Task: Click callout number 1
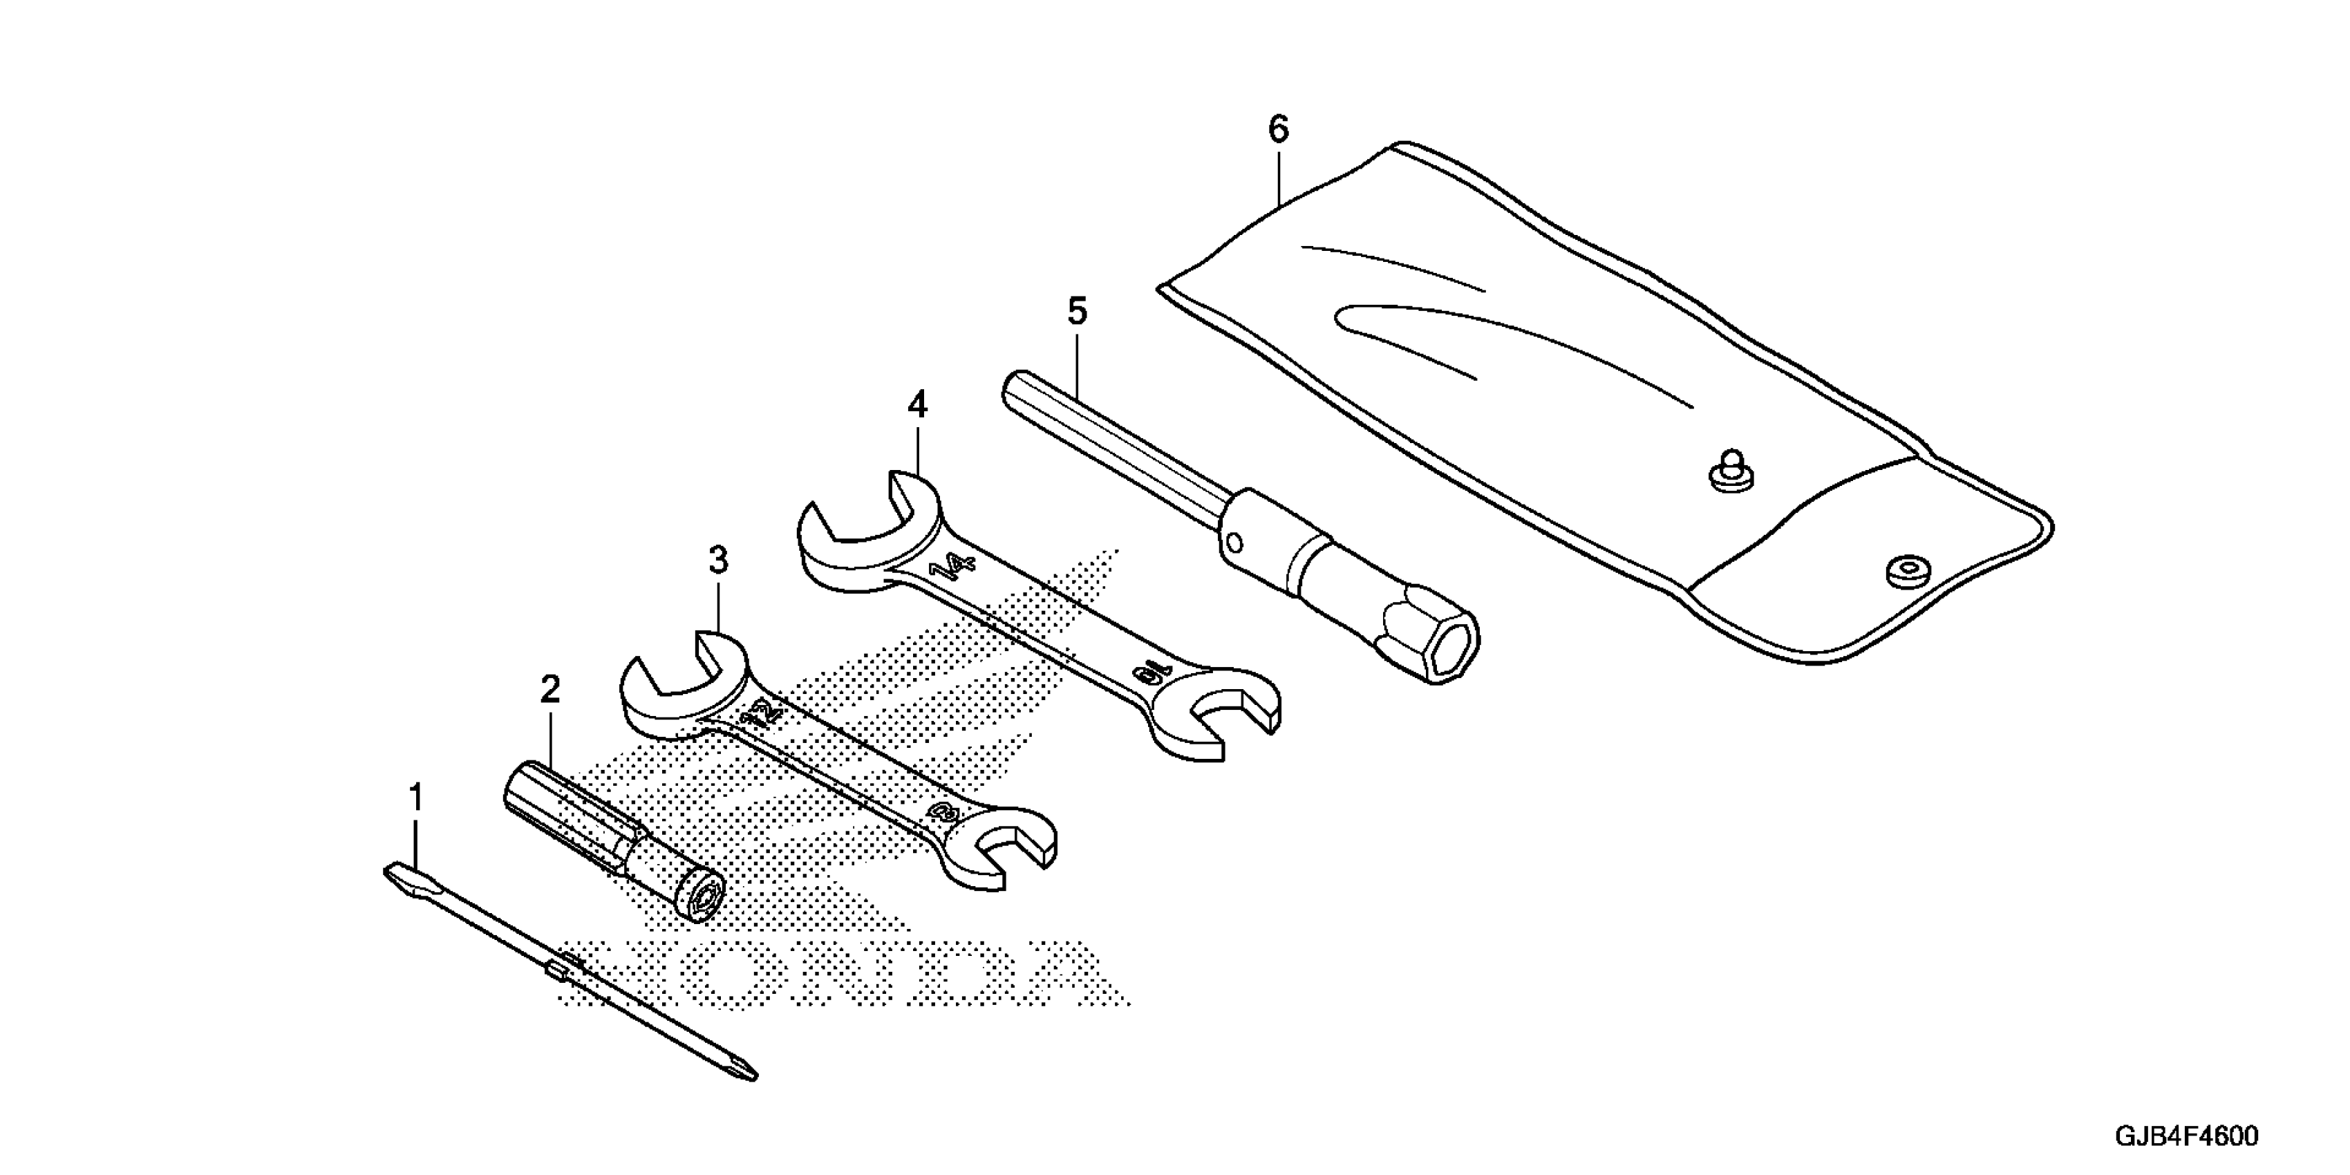(416, 798)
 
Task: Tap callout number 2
(549, 690)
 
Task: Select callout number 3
(719, 560)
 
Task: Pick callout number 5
(1078, 312)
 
